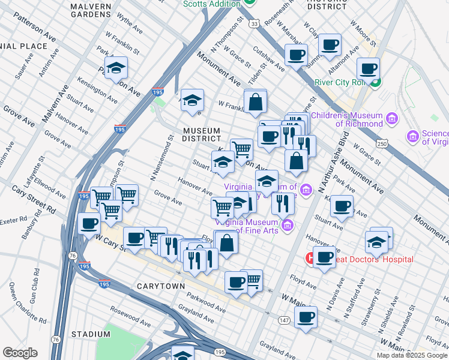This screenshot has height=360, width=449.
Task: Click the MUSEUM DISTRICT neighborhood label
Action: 202,134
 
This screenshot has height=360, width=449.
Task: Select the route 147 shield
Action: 284,321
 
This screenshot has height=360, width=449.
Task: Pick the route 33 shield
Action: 255,23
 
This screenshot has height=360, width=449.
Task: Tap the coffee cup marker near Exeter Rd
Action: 89,224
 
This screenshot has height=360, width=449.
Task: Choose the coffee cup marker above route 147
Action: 306,317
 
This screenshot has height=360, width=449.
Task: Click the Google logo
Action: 20,353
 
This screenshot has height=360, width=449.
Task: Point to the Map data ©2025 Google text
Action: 411,355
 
